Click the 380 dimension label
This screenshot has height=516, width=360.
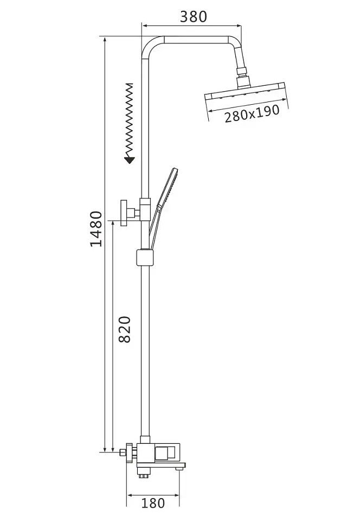[x=194, y=16]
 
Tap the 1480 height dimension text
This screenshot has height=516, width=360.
[x=97, y=229]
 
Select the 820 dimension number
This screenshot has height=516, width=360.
[x=125, y=329]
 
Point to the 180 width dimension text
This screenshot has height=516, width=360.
[x=153, y=502]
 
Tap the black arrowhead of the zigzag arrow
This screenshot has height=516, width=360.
[x=130, y=160]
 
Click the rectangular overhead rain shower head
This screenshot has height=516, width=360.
[x=247, y=92]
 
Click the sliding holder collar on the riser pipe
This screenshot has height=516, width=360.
[x=145, y=257]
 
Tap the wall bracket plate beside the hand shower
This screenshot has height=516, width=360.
[x=124, y=213]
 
